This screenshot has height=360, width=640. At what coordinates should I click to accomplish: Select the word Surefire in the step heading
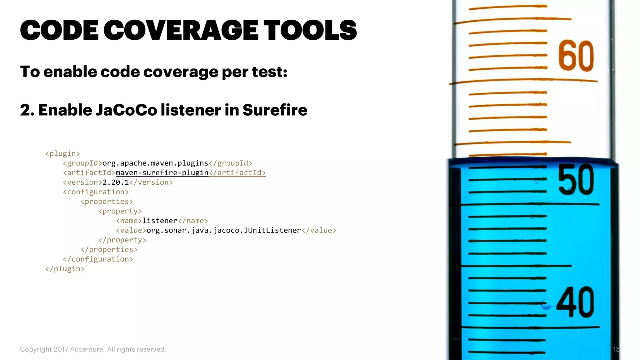tap(275, 110)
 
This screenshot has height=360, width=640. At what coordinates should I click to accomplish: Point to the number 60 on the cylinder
tap(576, 56)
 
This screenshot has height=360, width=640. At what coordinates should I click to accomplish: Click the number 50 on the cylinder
tap(576, 179)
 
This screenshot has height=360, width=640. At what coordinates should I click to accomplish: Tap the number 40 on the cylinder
tap(576, 302)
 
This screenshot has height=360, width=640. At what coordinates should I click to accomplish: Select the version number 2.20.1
tap(116, 182)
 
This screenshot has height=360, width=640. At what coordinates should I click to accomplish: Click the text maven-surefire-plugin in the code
tap(162, 173)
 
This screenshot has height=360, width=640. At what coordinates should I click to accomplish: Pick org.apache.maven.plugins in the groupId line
tap(155, 163)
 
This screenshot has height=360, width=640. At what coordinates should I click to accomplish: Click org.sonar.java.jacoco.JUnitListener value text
tap(224, 231)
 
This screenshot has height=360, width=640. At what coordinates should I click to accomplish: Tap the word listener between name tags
tap(160, 221)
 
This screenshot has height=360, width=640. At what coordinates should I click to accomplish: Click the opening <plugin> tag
tap(62, 154)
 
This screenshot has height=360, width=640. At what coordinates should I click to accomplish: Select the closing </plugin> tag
tap(65, 269)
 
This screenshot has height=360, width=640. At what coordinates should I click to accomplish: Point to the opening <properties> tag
tap(107, 202)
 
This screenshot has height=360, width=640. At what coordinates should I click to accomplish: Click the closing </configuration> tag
tap(98, 259)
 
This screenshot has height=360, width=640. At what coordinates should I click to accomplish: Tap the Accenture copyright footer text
tap(93, 349)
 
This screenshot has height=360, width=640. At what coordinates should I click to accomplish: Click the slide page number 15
tap(616, 349)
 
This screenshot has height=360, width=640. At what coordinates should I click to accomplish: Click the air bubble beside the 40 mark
tap(546, 304)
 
